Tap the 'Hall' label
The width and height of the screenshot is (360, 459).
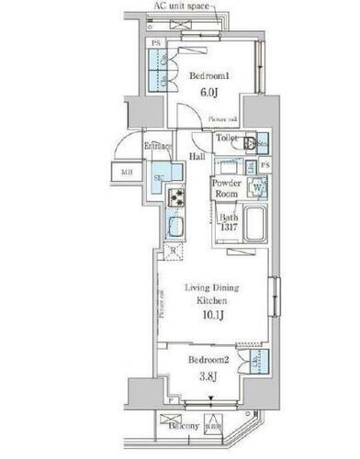pyautogui.click(x=197, y=157)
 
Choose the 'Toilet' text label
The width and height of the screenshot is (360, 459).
pyautogui.click(x=227, y=138)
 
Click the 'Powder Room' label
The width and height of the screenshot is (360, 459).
pyautogui.click(x=228, y=188)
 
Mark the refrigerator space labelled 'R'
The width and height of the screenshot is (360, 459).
pyautogui.click(x=173, y=251)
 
